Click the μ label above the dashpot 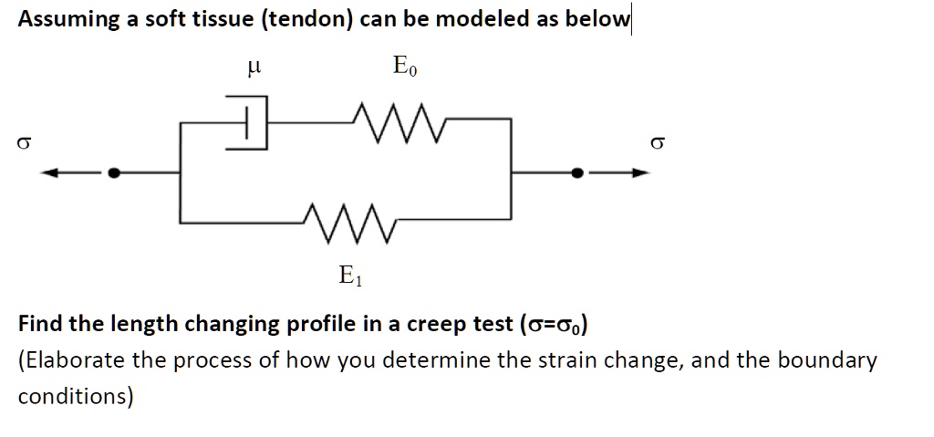pos(255,66)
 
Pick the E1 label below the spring pos(350,275)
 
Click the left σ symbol pos(24,142)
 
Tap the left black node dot pos(114,172)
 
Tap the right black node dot pos(576,172)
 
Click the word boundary pos(828,360)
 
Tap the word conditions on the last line pos(76,397)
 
